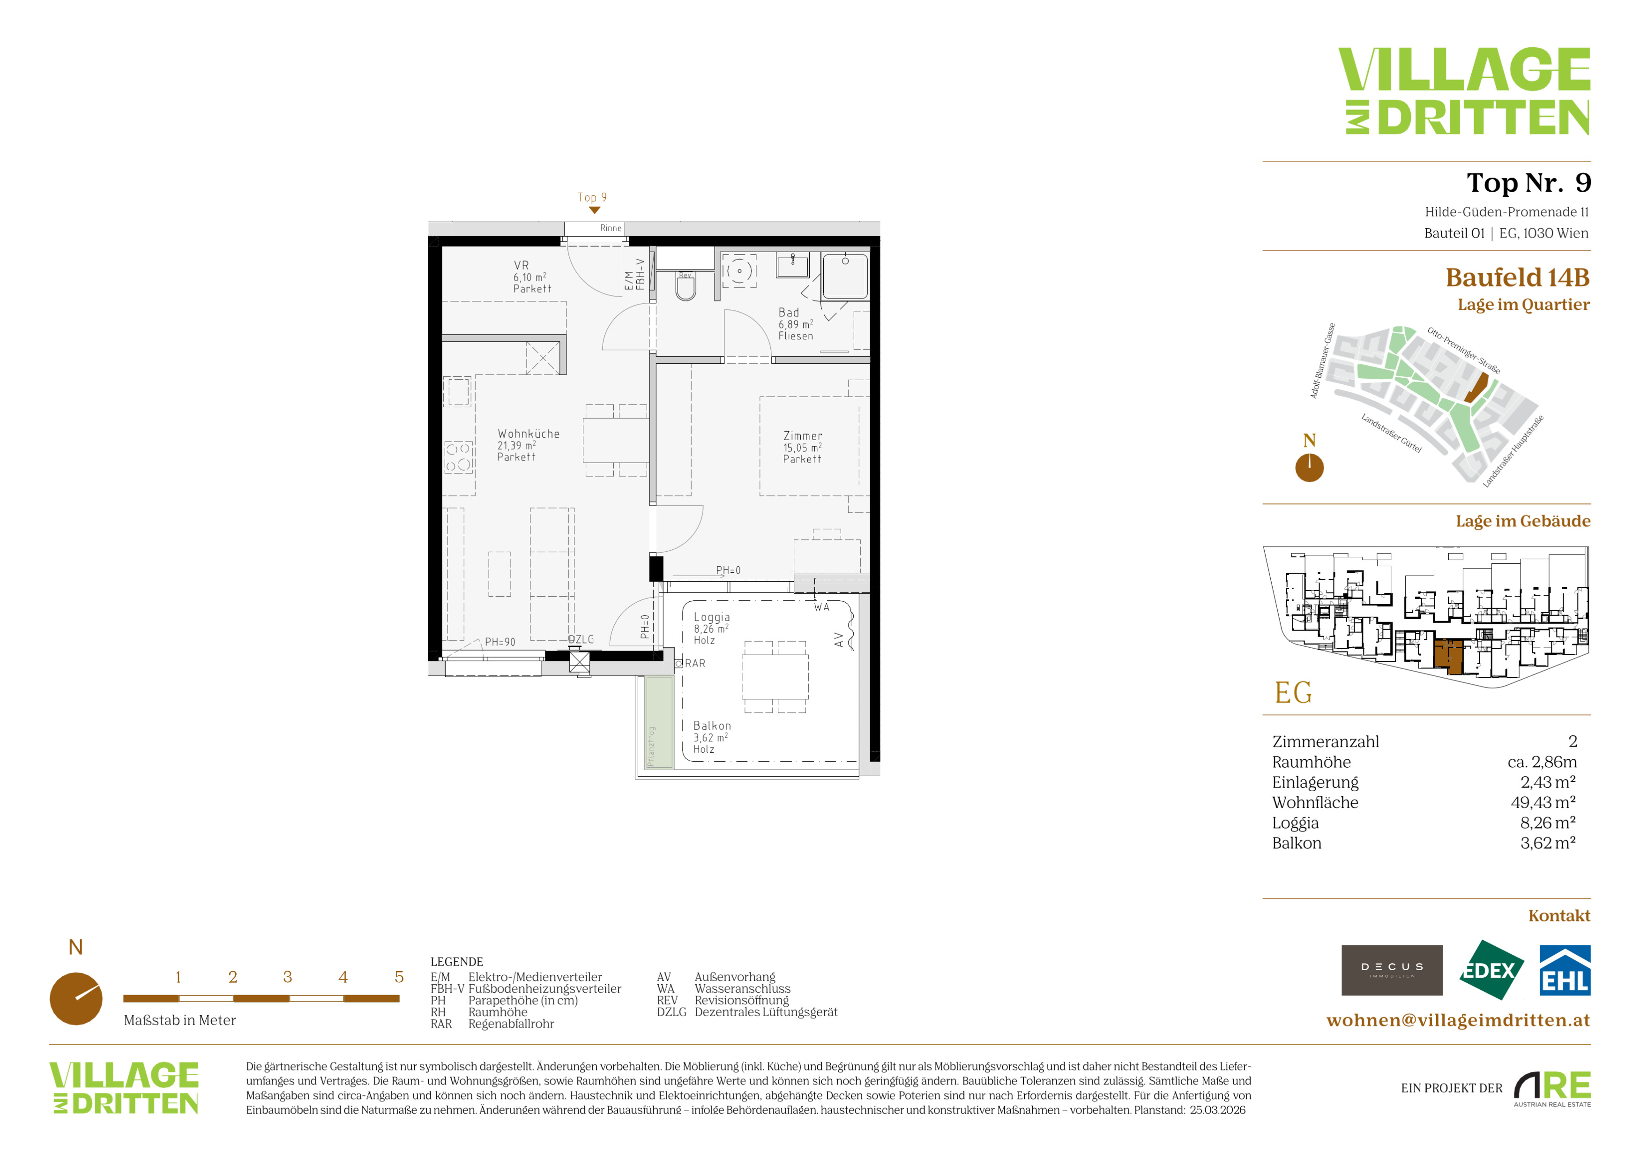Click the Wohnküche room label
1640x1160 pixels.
coord(529,434)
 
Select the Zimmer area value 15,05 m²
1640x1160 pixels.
coord(802,448)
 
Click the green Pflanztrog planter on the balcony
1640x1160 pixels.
coord(659,722)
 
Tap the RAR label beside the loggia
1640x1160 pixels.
coord(695,664)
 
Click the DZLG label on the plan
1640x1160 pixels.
coord(581,639)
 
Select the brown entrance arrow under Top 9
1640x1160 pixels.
coord(594,210)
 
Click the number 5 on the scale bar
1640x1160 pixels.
coord(399,977)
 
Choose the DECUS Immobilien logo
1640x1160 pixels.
coord(1392,970)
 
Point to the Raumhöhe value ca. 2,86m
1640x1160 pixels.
coord(1542,762)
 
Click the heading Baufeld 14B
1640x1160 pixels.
coord(1518,277)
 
